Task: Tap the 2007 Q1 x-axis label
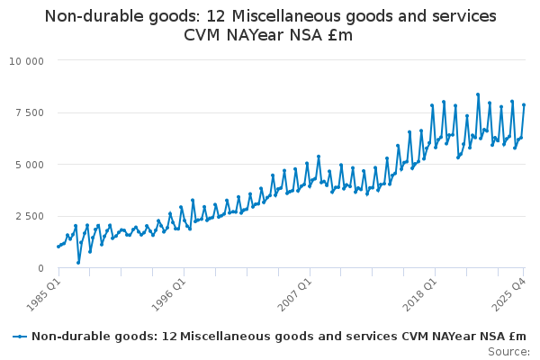coord(294,293)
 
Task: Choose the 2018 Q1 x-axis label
coord(421,293)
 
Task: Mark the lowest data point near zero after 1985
coord(78,263)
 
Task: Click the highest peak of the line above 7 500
coord(478,94)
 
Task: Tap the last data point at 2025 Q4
coord(524,105)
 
